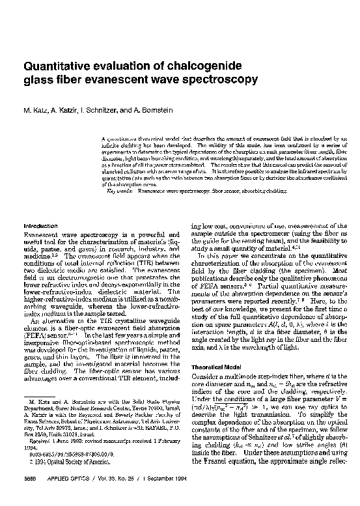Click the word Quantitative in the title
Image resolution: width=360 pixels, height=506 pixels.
click(55, 68)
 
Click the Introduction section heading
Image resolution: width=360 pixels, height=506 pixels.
click(40, 225)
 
